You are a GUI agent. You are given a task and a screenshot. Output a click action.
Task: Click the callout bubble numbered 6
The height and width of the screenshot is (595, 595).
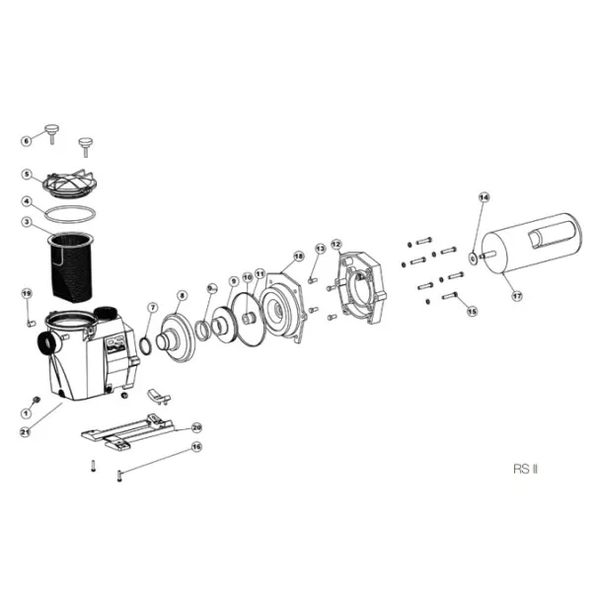[27, 141]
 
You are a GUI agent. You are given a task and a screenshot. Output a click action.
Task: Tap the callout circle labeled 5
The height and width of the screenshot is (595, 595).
[27, 175]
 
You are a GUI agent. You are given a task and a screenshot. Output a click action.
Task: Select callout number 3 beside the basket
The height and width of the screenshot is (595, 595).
[27, 222]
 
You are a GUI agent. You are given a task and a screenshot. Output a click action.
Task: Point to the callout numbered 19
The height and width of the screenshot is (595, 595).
[27, 293]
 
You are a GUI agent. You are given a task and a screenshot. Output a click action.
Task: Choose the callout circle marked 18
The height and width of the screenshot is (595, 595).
[299, 256]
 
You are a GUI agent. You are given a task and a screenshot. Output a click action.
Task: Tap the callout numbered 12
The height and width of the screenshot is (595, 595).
[335, 243]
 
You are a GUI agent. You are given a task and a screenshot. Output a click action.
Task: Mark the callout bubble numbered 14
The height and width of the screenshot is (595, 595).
[483, 197]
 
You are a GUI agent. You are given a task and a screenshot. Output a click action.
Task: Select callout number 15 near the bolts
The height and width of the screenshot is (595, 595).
[472, 312]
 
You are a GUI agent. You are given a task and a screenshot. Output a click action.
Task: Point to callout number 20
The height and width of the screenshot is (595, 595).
[196, 427]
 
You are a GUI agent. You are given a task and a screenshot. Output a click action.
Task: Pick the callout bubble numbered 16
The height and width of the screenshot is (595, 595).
[196, 447]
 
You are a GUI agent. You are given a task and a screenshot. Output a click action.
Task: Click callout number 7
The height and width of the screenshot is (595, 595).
[152, 309]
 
